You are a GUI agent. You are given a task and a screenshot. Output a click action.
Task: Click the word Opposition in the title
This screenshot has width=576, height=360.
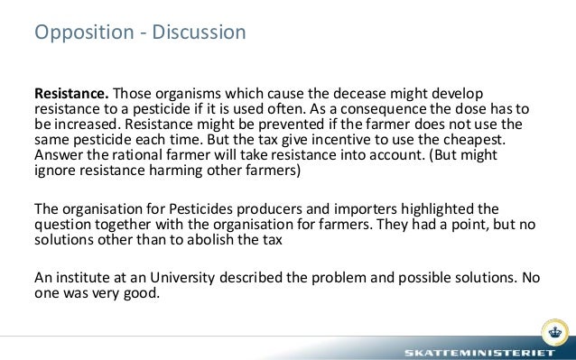[x=78, y=34]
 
